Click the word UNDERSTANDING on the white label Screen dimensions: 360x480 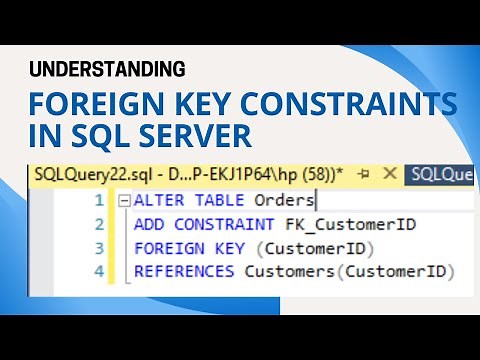(x=108, y=69)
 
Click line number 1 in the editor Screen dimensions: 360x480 (x=98, y=201)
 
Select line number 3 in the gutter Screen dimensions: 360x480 (x=98, y=248)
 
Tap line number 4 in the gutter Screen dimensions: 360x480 (x=98, y=271)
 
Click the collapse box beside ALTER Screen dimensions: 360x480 (x=124, y=201)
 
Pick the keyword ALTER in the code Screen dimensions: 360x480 (x=158, y=201)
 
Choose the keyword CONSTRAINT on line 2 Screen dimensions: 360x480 (x=219, y=224)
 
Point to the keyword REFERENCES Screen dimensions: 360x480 (x=187, y=271)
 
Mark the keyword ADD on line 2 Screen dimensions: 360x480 (x=148, y=224)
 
